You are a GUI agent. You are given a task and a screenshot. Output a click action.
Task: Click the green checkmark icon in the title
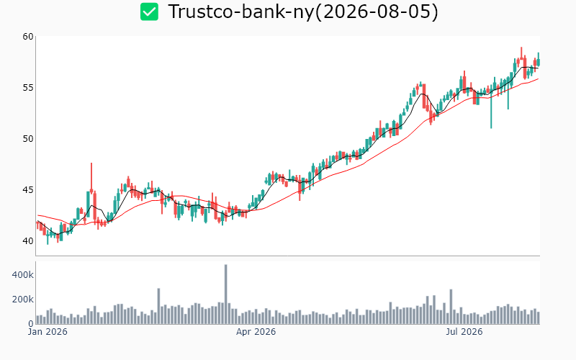149,12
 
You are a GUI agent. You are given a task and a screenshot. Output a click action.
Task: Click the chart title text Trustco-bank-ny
241,12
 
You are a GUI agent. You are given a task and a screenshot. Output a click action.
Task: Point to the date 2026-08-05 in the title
377,12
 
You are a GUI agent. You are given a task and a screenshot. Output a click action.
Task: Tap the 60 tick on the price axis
28,37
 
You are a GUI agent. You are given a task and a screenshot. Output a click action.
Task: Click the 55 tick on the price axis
28,87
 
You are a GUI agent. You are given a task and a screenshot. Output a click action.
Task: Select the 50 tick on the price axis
28,138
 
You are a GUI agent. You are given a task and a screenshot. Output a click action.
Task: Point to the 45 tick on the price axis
28,190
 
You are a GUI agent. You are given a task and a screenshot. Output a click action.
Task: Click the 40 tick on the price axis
28,241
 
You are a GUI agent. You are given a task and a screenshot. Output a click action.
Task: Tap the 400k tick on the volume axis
23,275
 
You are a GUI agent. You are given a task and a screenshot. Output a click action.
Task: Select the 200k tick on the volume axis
23,300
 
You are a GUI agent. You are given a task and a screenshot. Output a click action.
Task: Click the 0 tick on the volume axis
31,324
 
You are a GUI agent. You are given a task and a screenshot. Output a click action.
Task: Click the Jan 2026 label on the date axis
48,332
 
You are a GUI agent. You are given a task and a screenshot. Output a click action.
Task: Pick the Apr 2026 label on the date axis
256,332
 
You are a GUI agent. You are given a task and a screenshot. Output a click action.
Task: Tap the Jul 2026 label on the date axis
464,332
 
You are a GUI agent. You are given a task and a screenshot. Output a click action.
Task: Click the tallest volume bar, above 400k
225,294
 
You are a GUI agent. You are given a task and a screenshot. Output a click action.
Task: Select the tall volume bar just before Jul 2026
451,307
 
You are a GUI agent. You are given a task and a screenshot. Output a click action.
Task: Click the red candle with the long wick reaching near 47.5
91,178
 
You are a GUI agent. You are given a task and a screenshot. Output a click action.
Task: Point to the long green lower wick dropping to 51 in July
491,111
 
